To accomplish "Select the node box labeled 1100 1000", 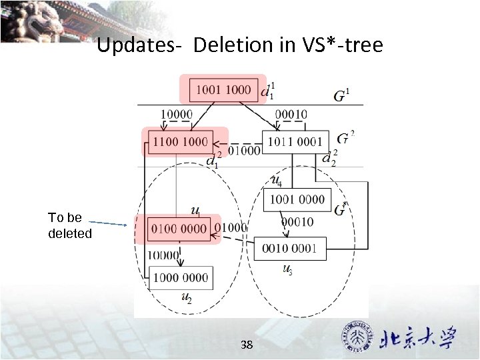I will tap(180, 141).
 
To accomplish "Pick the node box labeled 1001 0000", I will tap(297, 199).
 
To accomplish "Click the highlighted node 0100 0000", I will tap(179, 229).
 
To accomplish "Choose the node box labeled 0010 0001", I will tap(289, 248).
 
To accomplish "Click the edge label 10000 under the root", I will tap(177, 114).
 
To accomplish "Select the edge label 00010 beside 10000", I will tap(290, 114).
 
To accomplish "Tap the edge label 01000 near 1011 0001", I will tap(244, 151).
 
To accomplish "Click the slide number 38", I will tap(247, 345).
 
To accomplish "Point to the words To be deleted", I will tap(69, 225).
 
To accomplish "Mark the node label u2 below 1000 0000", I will tap(187, 299).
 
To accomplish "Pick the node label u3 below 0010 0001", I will tap(287, 269).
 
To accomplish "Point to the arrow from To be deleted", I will tap(107, 223).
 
